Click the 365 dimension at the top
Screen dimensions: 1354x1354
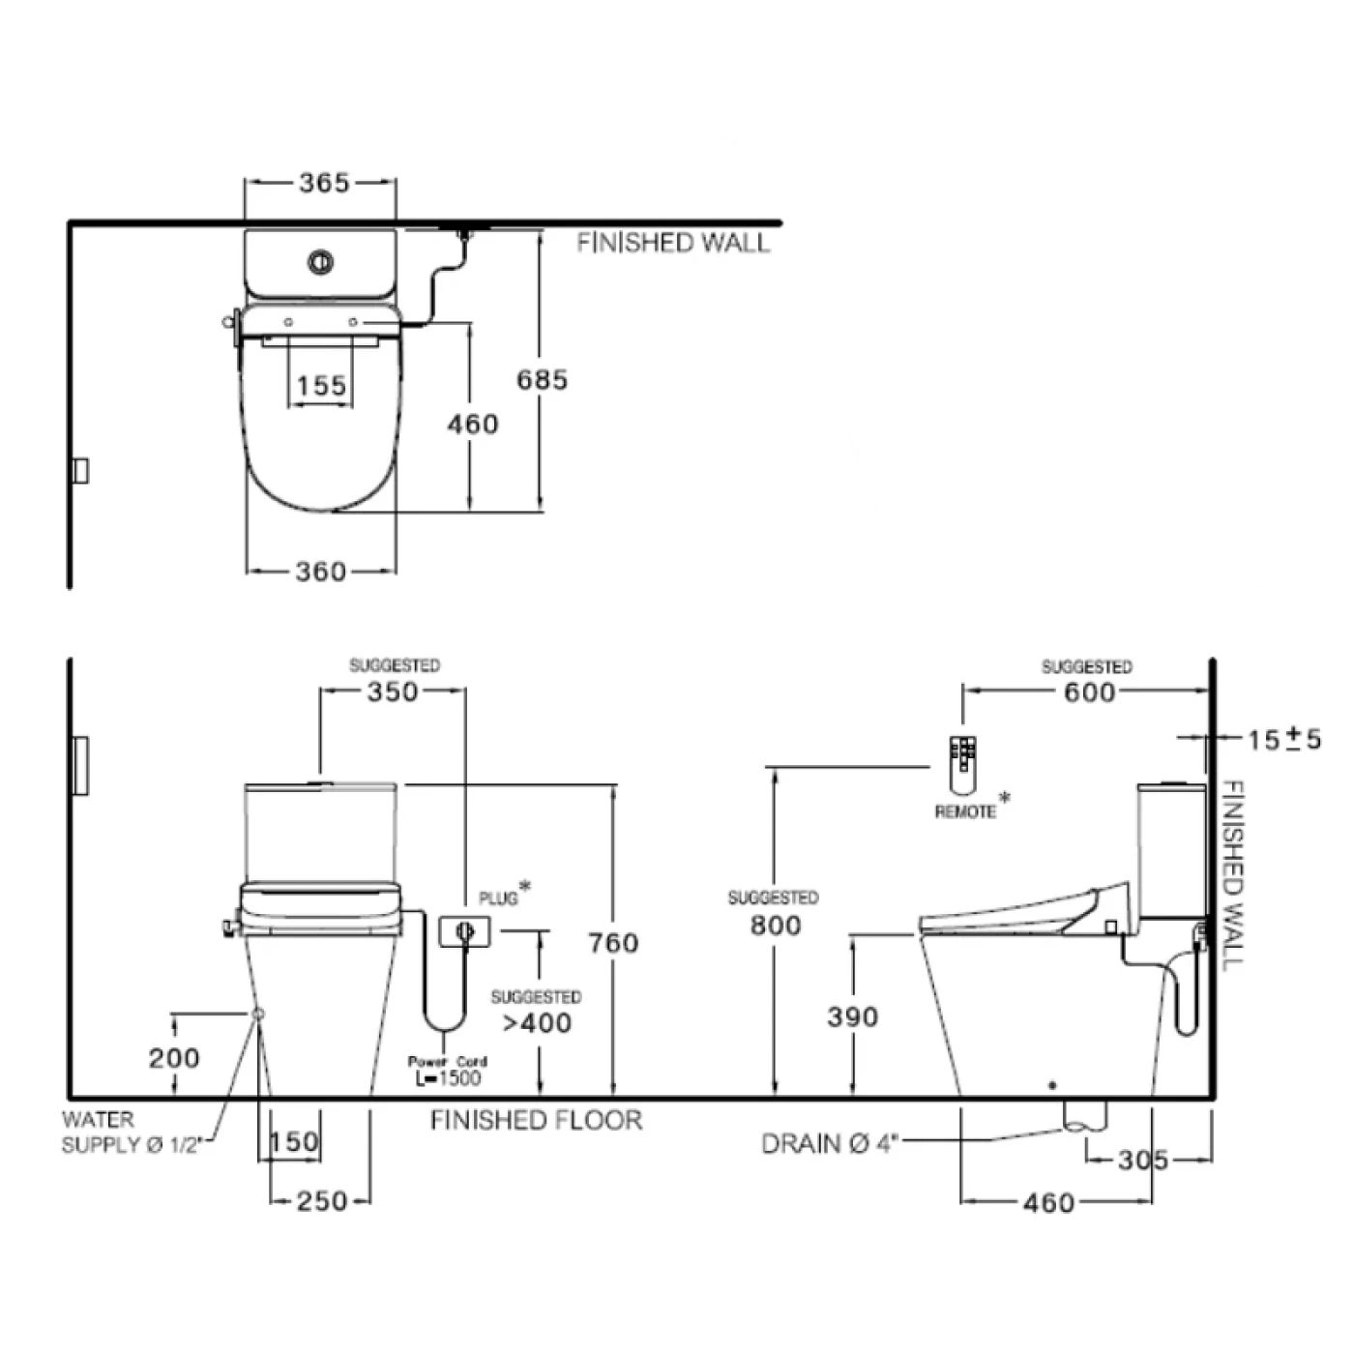(324, 182)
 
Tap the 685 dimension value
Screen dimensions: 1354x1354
(542, 380)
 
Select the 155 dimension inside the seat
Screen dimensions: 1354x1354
(321, 386)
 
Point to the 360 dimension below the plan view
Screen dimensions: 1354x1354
(321, 572)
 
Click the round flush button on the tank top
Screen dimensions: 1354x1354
(321, 261)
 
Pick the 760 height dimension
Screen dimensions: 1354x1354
(614, 942)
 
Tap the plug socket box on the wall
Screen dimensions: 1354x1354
(465, 932)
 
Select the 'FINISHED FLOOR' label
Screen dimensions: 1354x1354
(536, 1121)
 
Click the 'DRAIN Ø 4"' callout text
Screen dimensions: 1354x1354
(830, 1144)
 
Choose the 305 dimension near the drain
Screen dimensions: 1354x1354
(1143, 1160)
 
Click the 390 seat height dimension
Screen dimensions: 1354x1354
(853, 1016)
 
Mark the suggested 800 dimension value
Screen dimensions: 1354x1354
(776, 926)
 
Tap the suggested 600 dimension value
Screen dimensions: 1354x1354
(1089, 692)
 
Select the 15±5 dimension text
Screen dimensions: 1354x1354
(1283, 740)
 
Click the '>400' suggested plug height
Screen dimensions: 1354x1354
(537, 1022)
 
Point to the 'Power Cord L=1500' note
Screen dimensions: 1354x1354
(448, 1070)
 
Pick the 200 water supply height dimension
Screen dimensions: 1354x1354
(174, 1058)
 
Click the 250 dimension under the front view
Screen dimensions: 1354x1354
(321, 1201)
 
